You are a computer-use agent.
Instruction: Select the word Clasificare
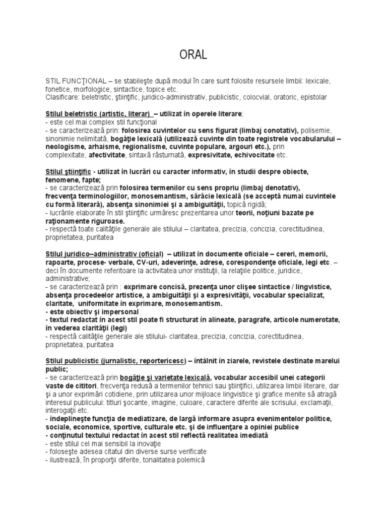pyautogui.click(x=61, y=97)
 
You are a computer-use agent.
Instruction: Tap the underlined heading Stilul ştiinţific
pyautogui.click(x=68, y=172)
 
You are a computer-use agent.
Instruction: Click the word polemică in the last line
pyautogui.click(x=188, y=460)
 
